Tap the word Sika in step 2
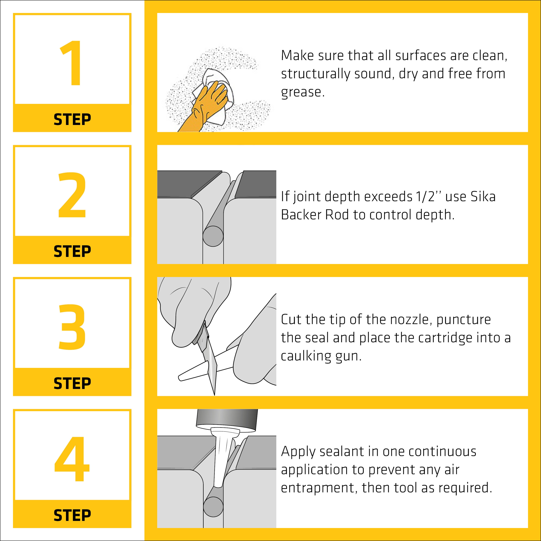click(x=483, y=197)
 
